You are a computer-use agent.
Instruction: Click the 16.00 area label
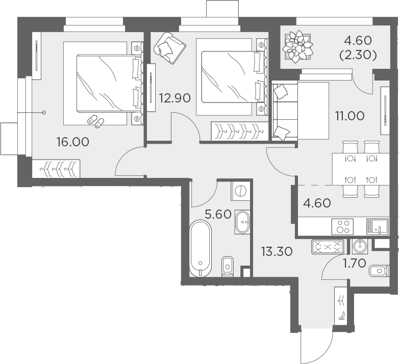point(73,142)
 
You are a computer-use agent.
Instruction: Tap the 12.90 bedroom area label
point(174,97)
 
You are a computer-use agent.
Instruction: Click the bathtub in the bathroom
point(199,247)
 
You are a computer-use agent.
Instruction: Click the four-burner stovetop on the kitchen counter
point(341,226)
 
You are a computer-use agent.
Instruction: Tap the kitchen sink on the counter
point(377,226)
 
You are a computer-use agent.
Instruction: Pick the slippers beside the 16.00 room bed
point(95,121)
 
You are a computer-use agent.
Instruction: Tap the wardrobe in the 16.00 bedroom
point(56,168)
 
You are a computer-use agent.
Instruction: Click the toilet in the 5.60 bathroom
point(228,265)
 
